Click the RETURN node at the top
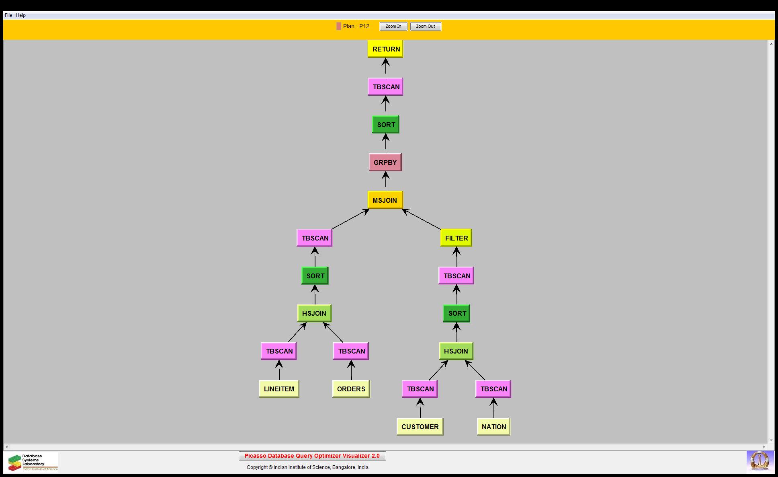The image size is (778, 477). (x=385, y=49)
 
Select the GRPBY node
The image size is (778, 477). (x=385, y=162)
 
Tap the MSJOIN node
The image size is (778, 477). (x=385, y=200)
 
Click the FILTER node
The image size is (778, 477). (x=456, y=238)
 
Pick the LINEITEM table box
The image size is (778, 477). (x=279, y=389)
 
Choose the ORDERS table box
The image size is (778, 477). (x=351, y=389)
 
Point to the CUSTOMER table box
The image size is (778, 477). (x=420, y=427)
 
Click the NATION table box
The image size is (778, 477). (x=494, y=427)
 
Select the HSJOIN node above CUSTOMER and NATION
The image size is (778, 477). (x=456, y=351)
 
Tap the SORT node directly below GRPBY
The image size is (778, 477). (x=386, y=125)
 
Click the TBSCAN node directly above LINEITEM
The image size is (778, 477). (x=279, y=351)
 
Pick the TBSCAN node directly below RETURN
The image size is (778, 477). (x=385, y=87)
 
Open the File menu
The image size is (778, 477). (x=8, y=15)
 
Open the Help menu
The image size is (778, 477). (x=20, y=15)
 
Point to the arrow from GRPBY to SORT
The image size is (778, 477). (x=386, y=144)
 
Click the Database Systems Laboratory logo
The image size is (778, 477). (x=33, y=462)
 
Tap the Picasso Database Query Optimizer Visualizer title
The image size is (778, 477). (x=312, y=456)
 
